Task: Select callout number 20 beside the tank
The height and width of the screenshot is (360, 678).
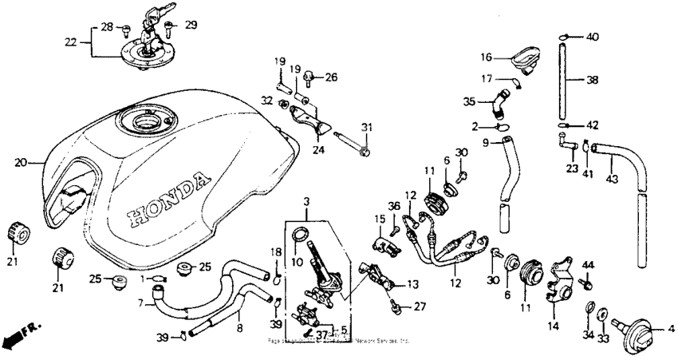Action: click(20, 162)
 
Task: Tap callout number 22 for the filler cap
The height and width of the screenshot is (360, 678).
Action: click(72, 42)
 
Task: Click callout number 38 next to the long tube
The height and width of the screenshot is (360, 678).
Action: click(592, 80)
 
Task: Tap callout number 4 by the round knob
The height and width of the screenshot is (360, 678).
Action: click(670, 327)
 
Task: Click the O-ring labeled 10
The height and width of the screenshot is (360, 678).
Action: click(298, 235)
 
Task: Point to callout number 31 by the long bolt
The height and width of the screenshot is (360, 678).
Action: click(366, 128)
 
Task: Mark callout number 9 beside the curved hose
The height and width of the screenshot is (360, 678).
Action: click(485, 144)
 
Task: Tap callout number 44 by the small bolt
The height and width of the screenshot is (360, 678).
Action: click(589, 264)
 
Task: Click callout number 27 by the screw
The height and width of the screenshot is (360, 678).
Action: click(420, 306)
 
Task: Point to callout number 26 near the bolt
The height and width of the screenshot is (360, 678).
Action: click(331, 77)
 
